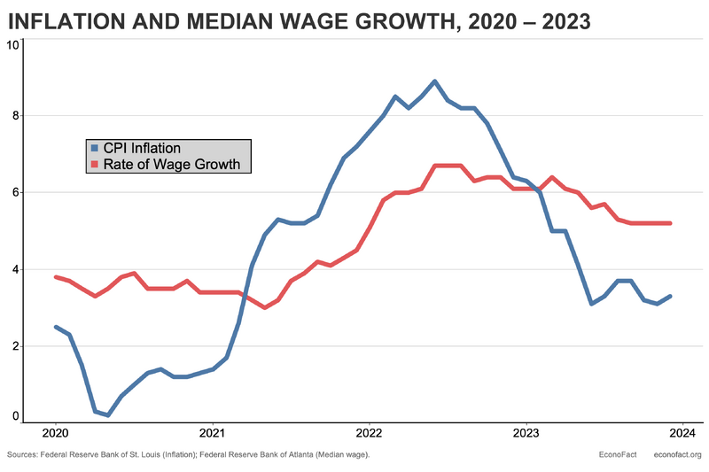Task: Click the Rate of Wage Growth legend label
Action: point(172,164)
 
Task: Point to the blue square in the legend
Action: point(95,148)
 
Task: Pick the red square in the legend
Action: point(95,164)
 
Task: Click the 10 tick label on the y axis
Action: point(12,43)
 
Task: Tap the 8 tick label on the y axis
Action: point(15,115)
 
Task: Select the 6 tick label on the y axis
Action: point(15,192)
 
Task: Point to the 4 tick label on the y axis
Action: point(15,269)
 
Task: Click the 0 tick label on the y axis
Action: point(15,414)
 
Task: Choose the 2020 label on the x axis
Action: point(55,434)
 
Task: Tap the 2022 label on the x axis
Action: point(369,434)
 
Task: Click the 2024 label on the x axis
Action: point(682,434)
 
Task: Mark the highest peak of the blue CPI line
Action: point(434,81)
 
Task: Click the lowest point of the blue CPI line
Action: point(107,414)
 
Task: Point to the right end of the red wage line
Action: point(670,223)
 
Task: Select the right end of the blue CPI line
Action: point(670,296)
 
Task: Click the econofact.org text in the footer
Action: point(677,455)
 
